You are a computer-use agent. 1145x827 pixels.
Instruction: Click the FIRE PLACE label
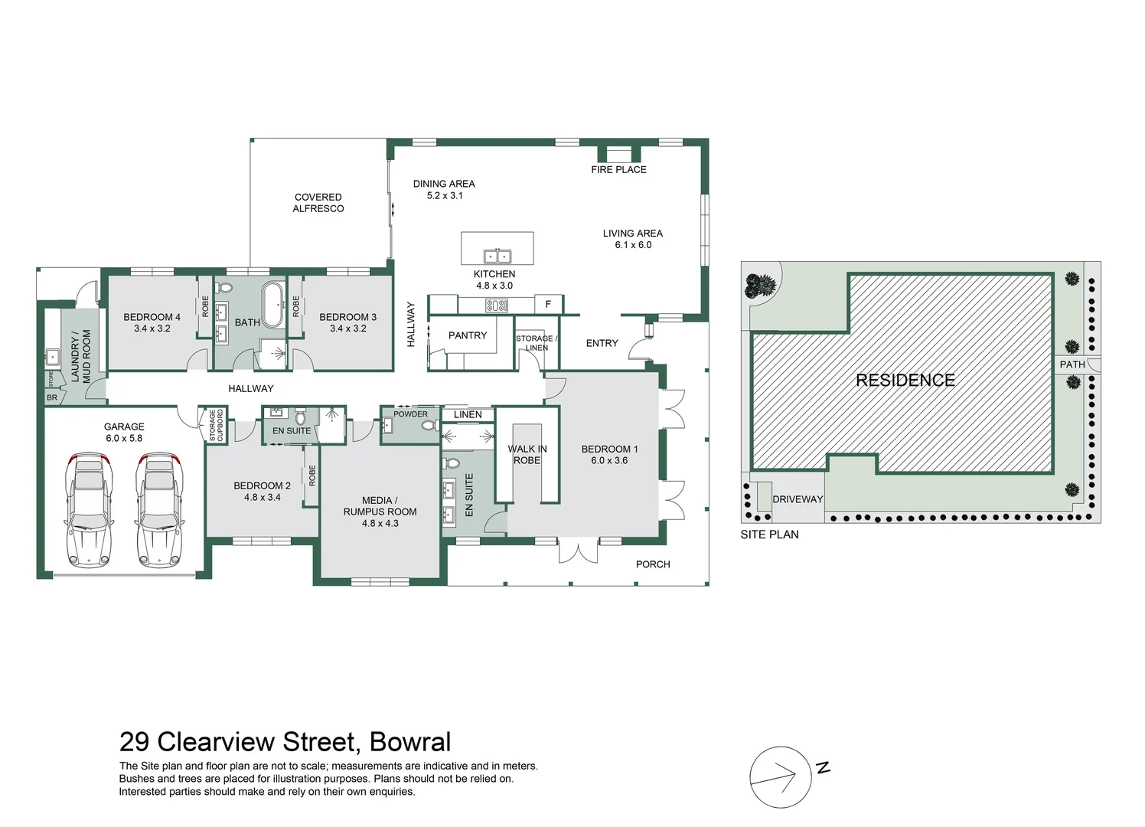click(x=618, y=169)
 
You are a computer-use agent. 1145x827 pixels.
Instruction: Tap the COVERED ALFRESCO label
click(x=318, y=203)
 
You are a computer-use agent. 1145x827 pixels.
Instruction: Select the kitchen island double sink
click(x=497, y=257)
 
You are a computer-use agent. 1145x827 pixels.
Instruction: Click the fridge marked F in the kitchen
click(x=548, y=305)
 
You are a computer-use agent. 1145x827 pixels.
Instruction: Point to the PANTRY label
click(x=468, y=335)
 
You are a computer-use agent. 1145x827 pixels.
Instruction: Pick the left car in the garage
click(x=90, y=509)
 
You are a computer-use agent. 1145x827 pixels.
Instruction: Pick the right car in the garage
click(x=158, y=509)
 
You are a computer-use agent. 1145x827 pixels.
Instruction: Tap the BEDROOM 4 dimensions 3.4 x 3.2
click(x=152, y=329)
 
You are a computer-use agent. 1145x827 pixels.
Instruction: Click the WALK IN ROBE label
click(x=527, y=455)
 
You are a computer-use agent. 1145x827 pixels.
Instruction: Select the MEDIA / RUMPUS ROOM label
click(x=380, y=506)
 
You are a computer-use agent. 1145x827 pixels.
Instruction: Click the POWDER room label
click(x=411, y=414)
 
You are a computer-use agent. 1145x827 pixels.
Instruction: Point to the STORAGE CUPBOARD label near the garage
click(x=216, y=426)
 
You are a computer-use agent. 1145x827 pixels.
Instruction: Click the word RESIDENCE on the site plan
click(x=905, y=381)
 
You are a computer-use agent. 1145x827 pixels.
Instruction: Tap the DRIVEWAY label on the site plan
click(x=798, y=499)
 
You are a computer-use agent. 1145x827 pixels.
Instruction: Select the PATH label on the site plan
click(x=1072, y=364)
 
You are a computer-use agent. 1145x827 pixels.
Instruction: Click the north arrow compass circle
click(x=780, y=777)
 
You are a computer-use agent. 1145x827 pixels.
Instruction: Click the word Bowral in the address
click(x=410, y=742)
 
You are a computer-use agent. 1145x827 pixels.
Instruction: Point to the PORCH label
click(x=653, y=564)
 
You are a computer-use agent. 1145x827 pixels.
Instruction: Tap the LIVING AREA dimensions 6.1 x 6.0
click(x=633, y=245)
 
